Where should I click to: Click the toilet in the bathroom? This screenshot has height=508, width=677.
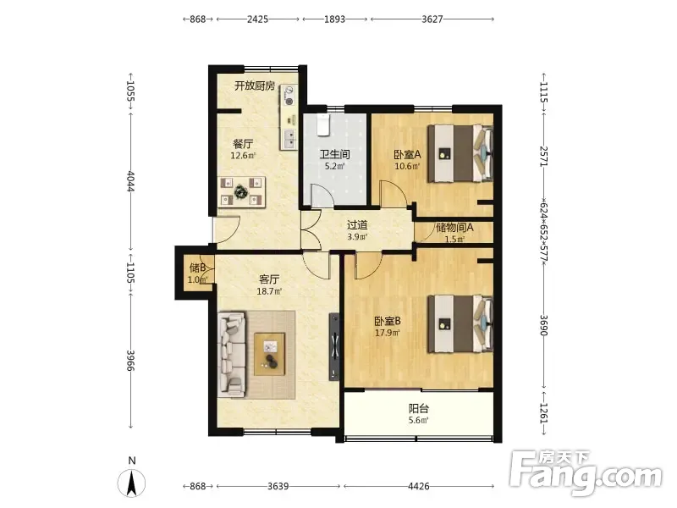point(323,124)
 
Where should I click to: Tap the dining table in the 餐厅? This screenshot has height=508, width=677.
point(241,191)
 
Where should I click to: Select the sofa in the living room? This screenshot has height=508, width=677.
point(231,354)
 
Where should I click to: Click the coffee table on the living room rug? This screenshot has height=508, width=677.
point(269,354)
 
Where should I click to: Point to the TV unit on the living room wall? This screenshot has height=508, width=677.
point(334,347)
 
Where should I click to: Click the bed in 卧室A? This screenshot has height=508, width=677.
point(460,153)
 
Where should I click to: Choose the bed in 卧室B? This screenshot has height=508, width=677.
point(460,324)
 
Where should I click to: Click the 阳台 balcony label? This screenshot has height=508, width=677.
point(419,408)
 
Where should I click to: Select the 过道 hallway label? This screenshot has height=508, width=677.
point(357,225)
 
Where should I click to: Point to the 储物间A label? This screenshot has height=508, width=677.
point(454,227)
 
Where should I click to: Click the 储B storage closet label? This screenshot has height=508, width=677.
point(198,268)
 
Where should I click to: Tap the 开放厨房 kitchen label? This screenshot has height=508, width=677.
point(255,86)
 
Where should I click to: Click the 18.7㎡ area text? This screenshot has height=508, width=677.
point(269,291)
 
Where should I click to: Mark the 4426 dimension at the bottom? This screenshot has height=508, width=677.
point(418,486)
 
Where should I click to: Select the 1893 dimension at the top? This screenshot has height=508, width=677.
point(334,19)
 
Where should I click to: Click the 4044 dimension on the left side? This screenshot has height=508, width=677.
point(130,182)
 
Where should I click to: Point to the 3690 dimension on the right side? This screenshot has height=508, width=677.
point(543,325)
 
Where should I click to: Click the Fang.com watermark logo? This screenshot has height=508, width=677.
point(586,473)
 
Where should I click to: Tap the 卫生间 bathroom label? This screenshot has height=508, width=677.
point(334,154)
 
